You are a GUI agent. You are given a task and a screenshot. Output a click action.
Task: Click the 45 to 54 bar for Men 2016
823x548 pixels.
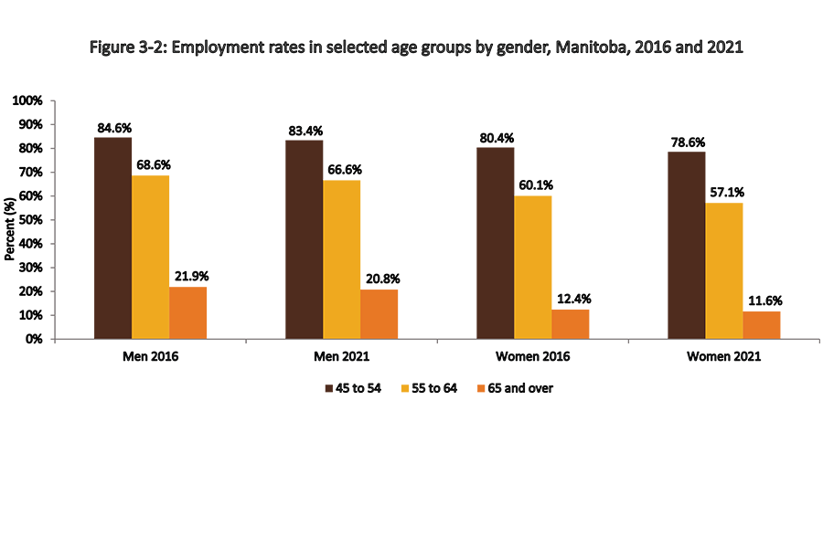tap(112, 237)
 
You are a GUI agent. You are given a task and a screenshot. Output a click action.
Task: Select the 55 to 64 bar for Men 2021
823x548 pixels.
tap(341, 259)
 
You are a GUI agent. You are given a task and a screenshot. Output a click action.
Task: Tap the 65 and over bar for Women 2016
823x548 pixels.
tap(570, 324)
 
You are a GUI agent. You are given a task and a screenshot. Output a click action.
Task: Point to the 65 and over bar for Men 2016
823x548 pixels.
tap(187, 312)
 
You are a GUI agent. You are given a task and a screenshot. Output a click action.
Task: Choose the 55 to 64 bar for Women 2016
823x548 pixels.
tap(532, 267)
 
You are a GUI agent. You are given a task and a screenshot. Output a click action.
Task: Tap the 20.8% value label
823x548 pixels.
tap(379, 279)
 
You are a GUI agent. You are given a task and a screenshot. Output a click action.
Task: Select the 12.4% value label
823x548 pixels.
tap(570, 299)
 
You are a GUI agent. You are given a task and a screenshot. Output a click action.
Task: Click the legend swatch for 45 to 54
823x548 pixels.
tap(330, 388)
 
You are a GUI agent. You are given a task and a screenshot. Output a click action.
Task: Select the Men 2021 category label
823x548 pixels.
tap(341, 357)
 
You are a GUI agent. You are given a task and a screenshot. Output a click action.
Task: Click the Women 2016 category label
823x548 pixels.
tap(532, 357)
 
